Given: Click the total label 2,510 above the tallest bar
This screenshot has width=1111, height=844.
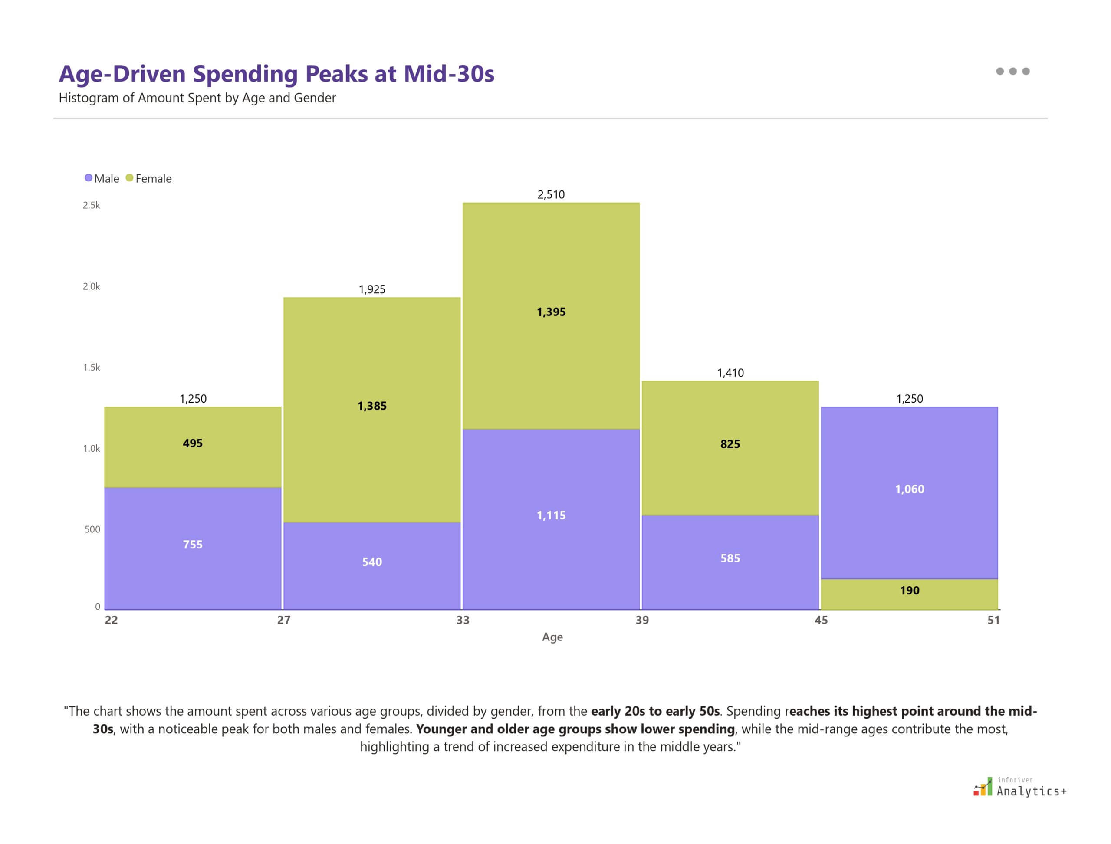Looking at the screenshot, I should point(551,194).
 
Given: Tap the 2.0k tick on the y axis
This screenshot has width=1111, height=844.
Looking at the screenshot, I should point(92,286).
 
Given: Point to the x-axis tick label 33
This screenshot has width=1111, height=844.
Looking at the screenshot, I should point(462,620).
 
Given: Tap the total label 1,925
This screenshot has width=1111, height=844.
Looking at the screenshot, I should point(372,289).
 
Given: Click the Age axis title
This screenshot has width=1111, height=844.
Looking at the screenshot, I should point(552,637).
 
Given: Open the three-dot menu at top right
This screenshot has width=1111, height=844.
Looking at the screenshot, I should point(1012,71).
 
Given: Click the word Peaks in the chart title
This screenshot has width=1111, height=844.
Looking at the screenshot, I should point(336,74).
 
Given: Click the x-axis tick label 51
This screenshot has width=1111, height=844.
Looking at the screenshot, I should point(993,620).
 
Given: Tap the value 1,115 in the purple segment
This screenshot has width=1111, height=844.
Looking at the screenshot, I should point(551,515).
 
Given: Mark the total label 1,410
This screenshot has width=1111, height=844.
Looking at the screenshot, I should point(730,373).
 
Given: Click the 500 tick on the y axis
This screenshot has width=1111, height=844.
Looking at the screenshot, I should point(92,529).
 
